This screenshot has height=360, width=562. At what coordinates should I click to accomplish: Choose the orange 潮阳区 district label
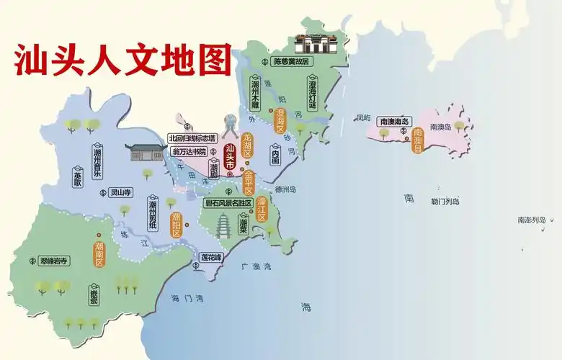click(x=176, y=225)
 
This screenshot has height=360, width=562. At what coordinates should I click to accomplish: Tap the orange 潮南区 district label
click(x=99, y=253)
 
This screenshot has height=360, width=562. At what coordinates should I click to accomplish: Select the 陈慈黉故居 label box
click(x=290, y=62)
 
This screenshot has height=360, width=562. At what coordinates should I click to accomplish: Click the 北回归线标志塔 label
click(x=192, y=138)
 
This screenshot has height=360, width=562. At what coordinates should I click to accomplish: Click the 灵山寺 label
click(x=117, y=192)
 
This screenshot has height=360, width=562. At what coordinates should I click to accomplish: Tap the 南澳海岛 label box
click(x=394, y=122)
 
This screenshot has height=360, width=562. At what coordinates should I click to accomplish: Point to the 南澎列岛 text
click(x=532, y=220)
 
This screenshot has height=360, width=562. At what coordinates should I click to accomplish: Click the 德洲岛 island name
click(x=286, y=189)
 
